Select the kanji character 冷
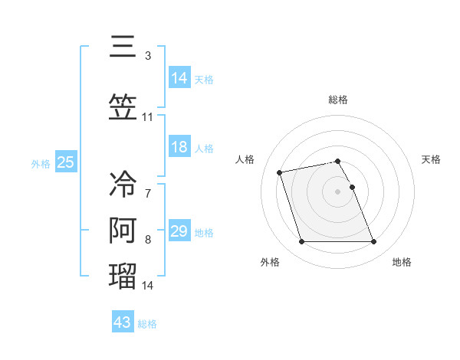click(123, 184)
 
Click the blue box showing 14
click(179, 77)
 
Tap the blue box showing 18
click(179, 147)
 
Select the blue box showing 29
click(179, 231)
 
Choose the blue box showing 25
click(66, 162)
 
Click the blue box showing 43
click(123, 322)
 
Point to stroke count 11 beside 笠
click(148, 117)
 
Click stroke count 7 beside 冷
click(148, 194)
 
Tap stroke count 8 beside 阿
click(148, 240)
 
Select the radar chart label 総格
click(338, 100)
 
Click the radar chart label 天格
click(431, 159)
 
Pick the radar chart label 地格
click(402, 262)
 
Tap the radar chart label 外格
click(270, 262)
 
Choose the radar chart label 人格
click(245, 159)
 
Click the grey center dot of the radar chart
click(338, 191)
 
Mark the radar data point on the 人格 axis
click(280, 172)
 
